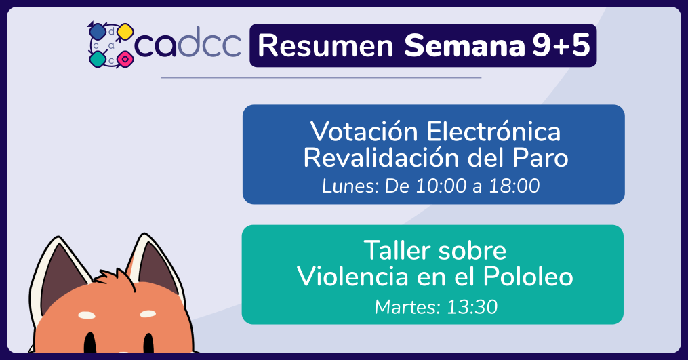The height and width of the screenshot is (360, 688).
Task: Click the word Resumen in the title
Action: [325, 45]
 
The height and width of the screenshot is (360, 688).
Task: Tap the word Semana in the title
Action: [464, 45]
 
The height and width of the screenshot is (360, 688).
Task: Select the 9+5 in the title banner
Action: [561, 45]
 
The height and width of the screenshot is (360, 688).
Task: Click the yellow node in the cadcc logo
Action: [125, 32]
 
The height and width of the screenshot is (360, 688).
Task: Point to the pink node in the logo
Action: [125, 58]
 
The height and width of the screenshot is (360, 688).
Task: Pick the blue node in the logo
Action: [96, 32]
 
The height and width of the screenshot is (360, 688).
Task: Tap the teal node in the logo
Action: [97, 58]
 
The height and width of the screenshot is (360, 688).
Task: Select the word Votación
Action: [364, 132]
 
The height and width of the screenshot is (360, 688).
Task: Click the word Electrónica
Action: [493, 132]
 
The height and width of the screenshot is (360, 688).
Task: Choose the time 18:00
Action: [514, 186]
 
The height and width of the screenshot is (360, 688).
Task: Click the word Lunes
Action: [350, 186]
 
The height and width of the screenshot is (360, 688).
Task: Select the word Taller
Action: [397, 250]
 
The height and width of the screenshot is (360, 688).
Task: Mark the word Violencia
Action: [352, 277]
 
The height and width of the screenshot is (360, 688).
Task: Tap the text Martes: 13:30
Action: [436, 307]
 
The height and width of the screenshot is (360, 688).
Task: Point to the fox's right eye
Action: [148, 343]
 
